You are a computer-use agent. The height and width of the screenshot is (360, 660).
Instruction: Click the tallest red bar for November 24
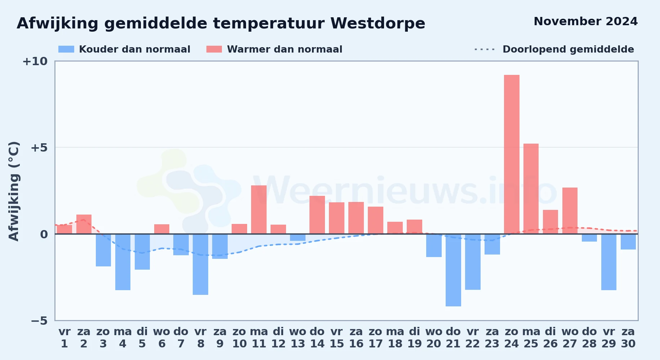tap(512, 154)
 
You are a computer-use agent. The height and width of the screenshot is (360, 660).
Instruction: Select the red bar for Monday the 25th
tap(531, 189)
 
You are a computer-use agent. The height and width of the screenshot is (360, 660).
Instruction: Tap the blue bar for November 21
tap(453, 270)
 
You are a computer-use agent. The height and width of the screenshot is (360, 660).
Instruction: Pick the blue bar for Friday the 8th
tap(200, 264)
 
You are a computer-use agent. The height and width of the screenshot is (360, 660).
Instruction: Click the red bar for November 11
tap(259, 210)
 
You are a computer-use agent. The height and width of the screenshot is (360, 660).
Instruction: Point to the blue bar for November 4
tap(123, 262)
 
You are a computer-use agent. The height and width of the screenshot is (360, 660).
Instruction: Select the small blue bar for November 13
tap(298, 237)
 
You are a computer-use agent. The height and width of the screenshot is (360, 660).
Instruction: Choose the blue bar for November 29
tap(609, 262)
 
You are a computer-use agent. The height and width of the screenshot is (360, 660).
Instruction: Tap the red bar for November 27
tap(570, 211)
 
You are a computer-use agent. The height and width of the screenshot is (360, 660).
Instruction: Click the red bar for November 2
tap(84, 224)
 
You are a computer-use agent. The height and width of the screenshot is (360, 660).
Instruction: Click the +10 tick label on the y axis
tap(35, 61)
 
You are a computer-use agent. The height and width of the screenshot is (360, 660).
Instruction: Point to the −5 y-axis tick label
tap(39, 321)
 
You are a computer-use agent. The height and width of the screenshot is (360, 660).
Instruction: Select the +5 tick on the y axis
tap(39, 148)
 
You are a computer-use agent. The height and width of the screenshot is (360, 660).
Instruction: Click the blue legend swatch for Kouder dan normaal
tap(66, 49)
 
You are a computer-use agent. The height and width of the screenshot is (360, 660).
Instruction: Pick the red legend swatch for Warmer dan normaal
tap(214, 49)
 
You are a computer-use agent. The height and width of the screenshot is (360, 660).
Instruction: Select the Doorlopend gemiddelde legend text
tap(568, 49)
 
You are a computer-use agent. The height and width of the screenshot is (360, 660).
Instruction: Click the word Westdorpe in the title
tap(378, 23)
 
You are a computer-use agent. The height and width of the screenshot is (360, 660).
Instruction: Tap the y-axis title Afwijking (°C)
tap(14, 191)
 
